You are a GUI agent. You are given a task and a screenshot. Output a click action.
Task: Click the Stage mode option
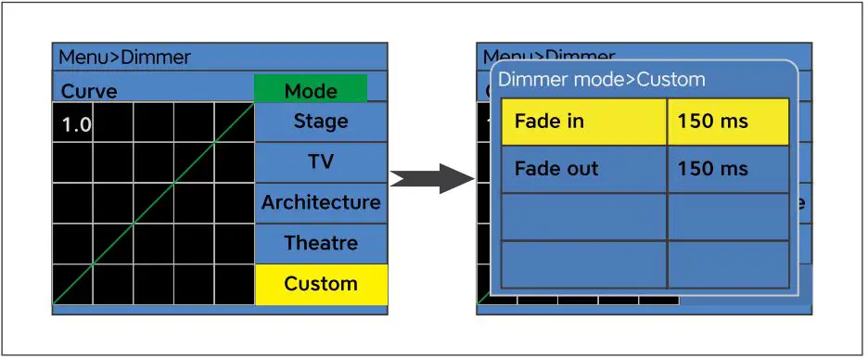(x=321, y=122)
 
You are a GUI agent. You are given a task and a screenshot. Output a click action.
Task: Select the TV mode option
(x=321, y=161)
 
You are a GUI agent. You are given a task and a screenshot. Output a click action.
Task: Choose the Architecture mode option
(x=321, y=202)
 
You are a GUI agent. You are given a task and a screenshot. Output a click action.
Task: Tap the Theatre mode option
(x=321, y=243)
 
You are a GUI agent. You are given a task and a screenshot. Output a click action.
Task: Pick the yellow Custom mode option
(x=321, y=284)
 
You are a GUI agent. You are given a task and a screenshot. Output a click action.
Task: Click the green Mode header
(x=311, y=90)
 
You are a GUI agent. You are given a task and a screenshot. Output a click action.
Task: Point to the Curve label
(x=89, y=92)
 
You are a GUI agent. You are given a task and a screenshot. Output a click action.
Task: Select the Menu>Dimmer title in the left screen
(x=124, y=58)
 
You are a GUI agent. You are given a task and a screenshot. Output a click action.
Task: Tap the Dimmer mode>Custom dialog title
(x=601, y=80)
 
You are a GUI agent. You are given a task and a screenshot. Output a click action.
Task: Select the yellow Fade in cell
(x=583, y=122)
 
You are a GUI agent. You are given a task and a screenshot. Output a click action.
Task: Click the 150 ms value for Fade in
(x=728, y=122)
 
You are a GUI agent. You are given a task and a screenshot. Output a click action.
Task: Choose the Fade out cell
(x=583, y=169)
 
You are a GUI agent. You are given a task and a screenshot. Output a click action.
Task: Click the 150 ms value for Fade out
(x=728, y=169)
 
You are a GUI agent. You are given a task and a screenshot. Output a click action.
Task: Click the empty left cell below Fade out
(x=583, y=217)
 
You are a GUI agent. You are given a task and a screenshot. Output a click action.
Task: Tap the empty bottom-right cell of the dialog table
(x=728, y=264)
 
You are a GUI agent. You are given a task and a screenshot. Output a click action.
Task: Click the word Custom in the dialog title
(x=670, y=80)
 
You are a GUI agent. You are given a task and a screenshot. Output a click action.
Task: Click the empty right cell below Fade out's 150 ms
(x=728, y=217)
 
